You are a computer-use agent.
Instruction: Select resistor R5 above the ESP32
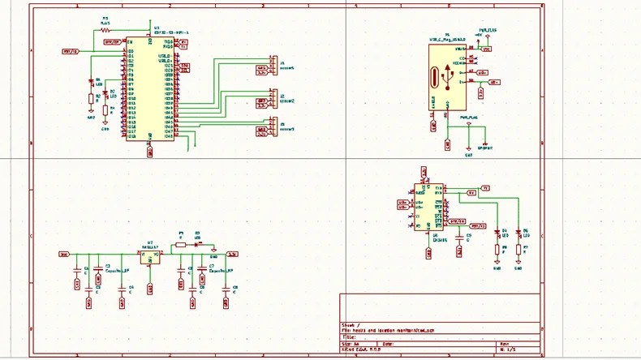tap(105, 30)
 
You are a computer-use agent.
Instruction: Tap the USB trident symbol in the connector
tap(447, 76)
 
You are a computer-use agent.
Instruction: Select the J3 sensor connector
tap(273, 126)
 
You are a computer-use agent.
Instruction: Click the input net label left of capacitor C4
tap(64, 254)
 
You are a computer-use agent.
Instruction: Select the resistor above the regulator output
tap(181, 243)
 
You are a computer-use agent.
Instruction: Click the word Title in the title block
tap(349, 336)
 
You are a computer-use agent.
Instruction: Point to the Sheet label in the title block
tap(348, 324)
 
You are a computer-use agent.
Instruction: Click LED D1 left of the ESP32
tap(91, 82)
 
